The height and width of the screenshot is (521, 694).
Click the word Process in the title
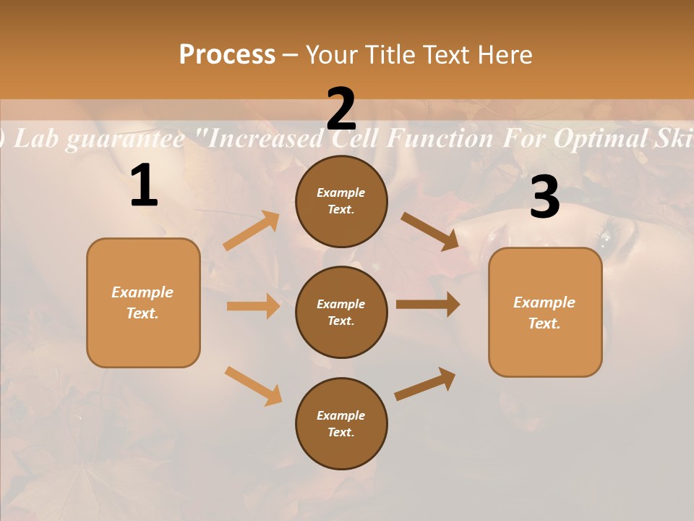[x=227, y=55]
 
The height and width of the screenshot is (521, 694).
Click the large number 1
[x=144, y=186]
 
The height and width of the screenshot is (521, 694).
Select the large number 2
[x=341, y=109]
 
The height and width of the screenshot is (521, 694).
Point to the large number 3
[x=544, y=198]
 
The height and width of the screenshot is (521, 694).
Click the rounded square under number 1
[x=143, y=302]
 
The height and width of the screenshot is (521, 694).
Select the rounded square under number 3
[x=545, y=312]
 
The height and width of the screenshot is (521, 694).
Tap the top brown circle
[x=341, y=200]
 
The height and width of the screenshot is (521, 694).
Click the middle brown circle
[x=341, y=312]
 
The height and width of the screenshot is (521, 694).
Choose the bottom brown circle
[x=341, y=423]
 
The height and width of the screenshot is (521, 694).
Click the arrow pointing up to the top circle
[x=252, y=231]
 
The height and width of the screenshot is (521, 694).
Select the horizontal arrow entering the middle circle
[x=253, y=306]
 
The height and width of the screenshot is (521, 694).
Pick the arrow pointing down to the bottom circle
[x=253, y=386]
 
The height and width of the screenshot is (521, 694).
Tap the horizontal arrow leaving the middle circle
[x=428, y=304]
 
